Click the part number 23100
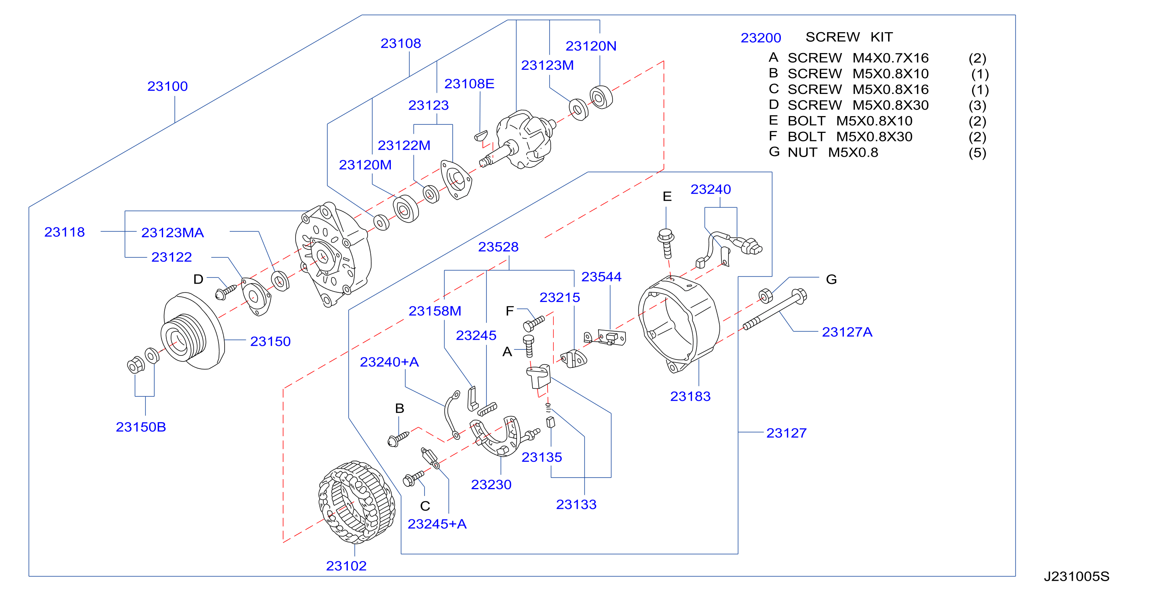(167, 86)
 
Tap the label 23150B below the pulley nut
(141, 427)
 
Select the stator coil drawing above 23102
(357, 502)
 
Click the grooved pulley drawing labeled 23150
(193, 331)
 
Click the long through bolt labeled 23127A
(774, 309)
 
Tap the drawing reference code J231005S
(1076, 576)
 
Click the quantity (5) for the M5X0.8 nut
(978, 153)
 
